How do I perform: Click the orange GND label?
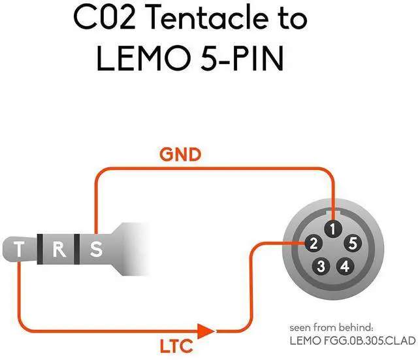(x=180, y=155)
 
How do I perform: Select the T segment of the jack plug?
(x=21, y=249)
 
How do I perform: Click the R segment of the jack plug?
(x=57, y=249)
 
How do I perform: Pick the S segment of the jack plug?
(x=95, y=249)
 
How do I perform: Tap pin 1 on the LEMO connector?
(x=333, y=229)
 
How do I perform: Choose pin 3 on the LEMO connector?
(x=321, y=267)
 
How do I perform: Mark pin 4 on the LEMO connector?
(x=346, y=267)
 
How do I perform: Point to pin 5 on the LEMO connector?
(x=353, y=244)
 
